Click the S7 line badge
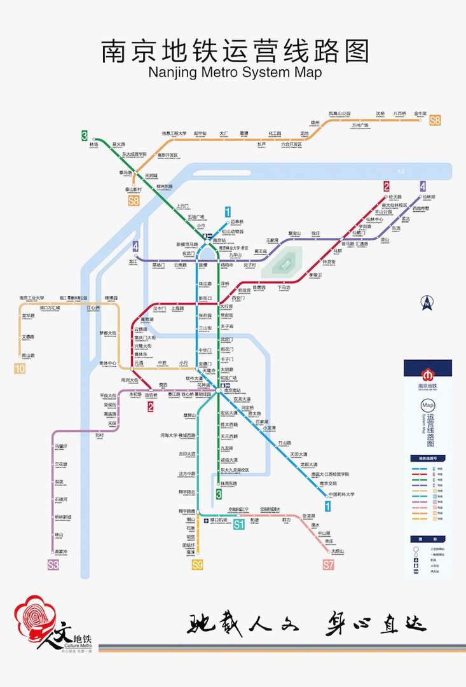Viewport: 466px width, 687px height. [x=328, y=564]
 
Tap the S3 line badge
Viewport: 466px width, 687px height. [x=53, y=564]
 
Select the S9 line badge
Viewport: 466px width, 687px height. [x=198, y=564]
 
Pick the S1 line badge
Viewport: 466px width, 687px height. [x=238, y=525]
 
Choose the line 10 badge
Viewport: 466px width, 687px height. [x=20, y=368]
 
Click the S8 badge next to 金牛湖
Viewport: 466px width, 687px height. [x=435, y=120]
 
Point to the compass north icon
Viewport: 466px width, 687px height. [x=427, y=303]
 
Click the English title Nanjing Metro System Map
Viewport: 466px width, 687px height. [x=235, y=73]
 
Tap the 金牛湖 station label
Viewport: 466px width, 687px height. [x=420, y=113]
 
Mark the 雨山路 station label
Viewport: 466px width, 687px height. [x=28, y=355]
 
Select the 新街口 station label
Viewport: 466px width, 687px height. [x=205, y=298]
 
